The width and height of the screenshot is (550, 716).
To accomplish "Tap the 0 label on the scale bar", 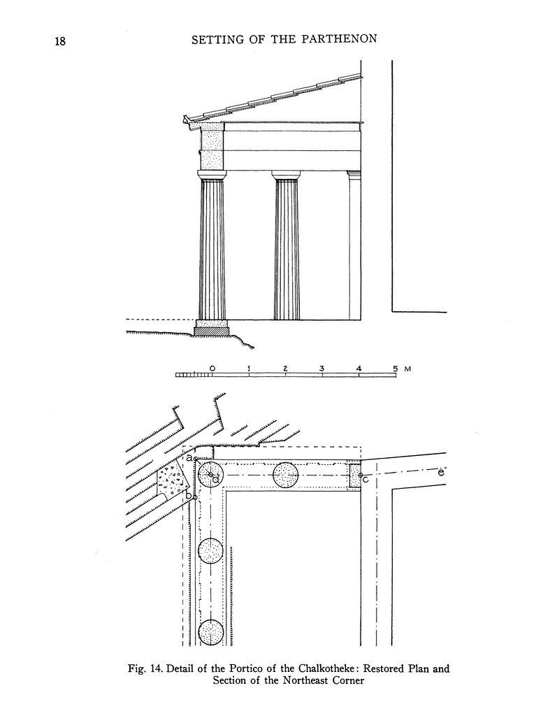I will [212, 368].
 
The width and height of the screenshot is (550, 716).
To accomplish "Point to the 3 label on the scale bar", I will [321, 368].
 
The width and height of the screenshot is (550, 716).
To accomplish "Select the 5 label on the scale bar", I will [395, 368].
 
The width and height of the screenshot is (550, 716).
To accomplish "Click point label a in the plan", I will [189, 457].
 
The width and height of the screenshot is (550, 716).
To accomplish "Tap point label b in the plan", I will [187, 496].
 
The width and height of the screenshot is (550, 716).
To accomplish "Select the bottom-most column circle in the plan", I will [210, 632].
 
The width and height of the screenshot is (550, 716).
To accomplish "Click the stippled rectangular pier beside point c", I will [355, 475].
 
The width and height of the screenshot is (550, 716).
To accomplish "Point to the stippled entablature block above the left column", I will [212, 146].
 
